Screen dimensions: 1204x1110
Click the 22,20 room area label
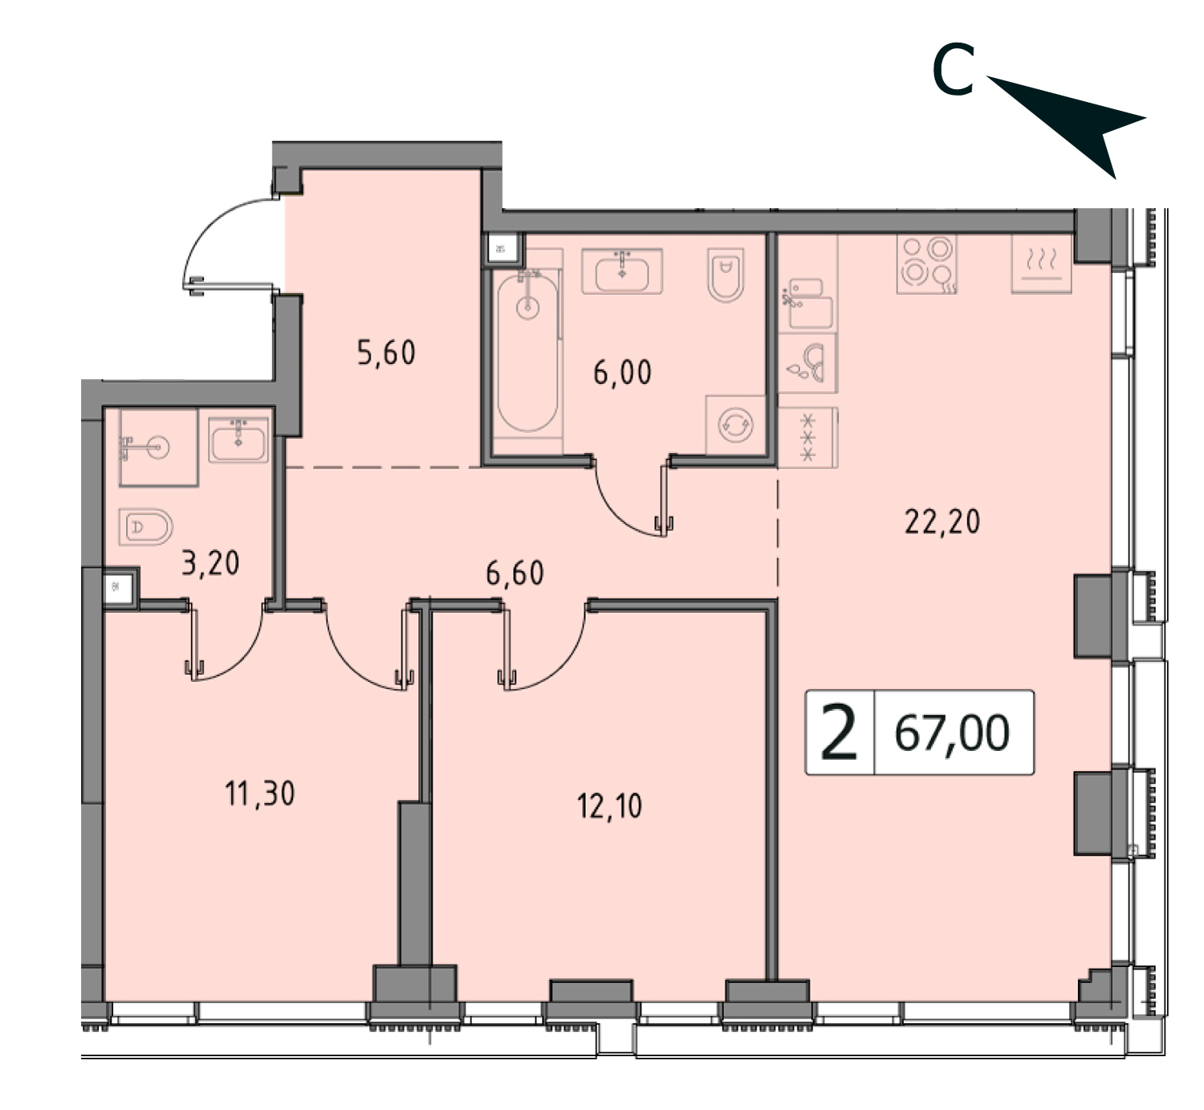942,521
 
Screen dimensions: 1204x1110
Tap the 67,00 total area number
953,733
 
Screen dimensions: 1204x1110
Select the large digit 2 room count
839,733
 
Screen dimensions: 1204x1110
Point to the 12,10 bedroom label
609,806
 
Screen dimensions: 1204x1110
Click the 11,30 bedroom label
260,794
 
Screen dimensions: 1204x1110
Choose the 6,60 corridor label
515,573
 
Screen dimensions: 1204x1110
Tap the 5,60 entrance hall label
386,353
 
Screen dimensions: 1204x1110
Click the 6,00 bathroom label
622,373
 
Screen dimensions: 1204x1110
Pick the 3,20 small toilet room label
210,563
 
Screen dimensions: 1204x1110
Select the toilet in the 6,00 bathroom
726,275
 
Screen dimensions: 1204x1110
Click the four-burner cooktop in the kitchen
927,264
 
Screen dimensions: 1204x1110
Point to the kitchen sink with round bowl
807,363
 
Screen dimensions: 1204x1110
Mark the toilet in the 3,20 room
146,528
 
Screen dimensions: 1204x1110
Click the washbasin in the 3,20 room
238,440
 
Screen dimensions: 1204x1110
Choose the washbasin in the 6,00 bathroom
622,271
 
